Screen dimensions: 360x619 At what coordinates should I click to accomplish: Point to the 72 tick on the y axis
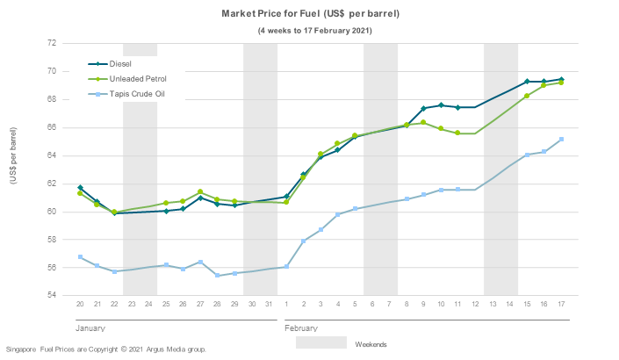(x=52, y=43)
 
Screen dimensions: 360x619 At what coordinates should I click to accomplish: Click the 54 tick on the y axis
(x=52, y=296)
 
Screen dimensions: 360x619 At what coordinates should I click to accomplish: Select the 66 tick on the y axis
(x=52, y=127)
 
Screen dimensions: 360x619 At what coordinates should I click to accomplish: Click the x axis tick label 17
(x=561, y=304)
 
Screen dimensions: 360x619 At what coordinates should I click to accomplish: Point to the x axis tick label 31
(x=269, y=304)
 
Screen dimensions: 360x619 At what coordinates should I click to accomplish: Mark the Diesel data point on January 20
(x=80, y=188)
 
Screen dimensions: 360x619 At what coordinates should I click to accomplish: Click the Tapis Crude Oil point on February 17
(x=561, y=140)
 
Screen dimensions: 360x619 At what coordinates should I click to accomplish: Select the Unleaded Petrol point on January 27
(x=200, y=192)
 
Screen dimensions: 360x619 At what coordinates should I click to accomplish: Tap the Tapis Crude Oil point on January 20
(x=80, y=257)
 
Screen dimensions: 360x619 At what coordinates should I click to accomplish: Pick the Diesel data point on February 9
(x=423, y=109)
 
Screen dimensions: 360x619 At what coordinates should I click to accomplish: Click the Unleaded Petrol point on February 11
(x=457, y=133)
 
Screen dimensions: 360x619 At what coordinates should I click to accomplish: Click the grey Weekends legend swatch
(x=320, y=343)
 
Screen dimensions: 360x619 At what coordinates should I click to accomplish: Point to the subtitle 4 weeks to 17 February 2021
(x=314, y=31)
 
